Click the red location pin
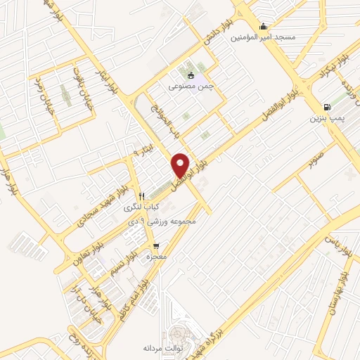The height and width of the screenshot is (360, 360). point(181,165)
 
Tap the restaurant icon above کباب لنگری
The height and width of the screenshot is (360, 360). point(142,196)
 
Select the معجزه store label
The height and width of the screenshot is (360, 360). point(155,258)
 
